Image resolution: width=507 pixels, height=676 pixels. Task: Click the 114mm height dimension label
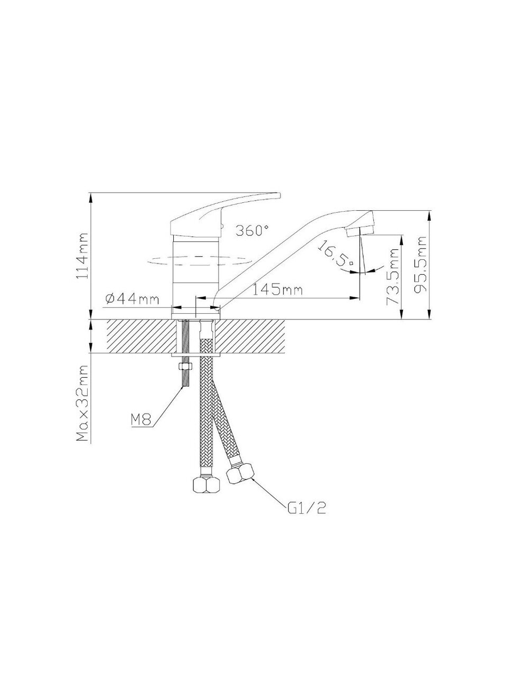tap(82, 256)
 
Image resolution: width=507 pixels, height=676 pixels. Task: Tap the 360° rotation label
tap(252, 230)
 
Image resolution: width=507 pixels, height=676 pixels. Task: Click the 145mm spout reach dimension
tap(278, 290)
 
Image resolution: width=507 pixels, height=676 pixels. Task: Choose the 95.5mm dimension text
tap(420, 265)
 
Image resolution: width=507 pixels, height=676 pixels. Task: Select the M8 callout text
tap(141, 420)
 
